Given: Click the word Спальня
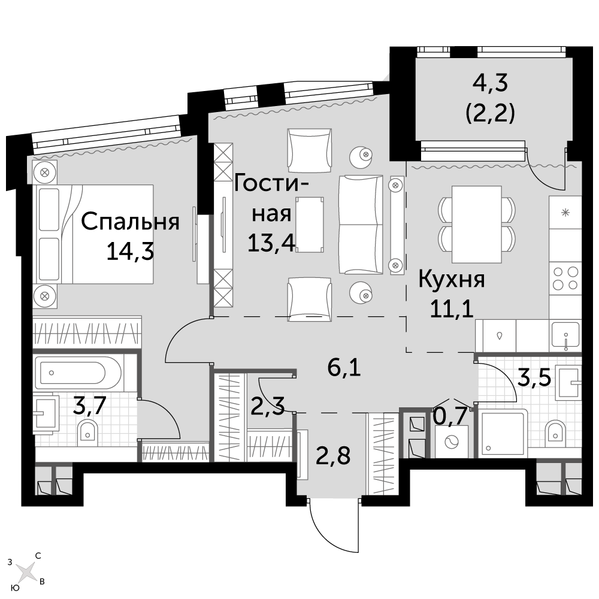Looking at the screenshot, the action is tap(130, 223).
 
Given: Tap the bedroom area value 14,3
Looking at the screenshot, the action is tap(130, 252).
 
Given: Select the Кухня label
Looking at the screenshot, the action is tap(452, 280).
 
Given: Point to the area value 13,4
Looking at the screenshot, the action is tap(271, 243).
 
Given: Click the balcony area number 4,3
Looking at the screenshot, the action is tap(490, 83).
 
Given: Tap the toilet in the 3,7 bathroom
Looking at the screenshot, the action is tap(87, 433).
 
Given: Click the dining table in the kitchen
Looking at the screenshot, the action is tap(476, 224).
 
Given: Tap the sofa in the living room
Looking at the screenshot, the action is tap(361, 225).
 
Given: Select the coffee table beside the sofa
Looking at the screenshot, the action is tap(310, 224).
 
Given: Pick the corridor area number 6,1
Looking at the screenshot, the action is tap(344, 368).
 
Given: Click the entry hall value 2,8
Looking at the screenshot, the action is tap(333, 455).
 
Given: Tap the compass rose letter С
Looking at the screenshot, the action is tap(38, 556).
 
